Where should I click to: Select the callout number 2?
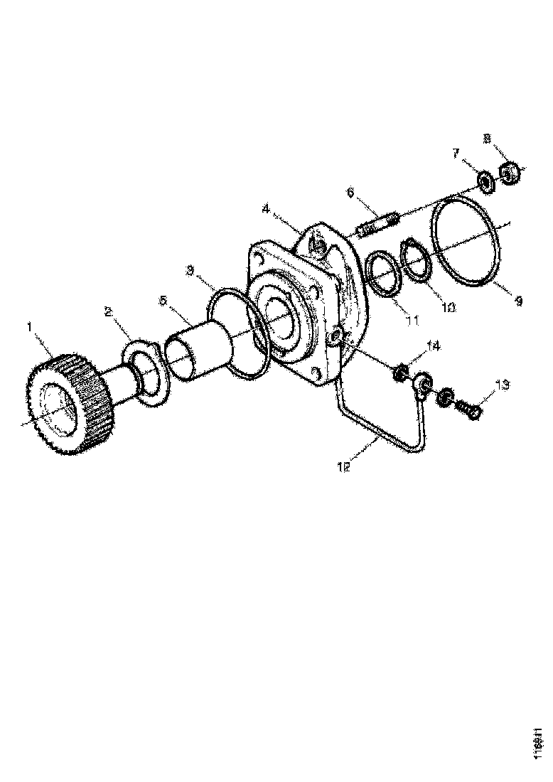pyautogui.click(x=108, y=311)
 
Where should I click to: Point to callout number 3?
pyautogui.click(x=190, y=270)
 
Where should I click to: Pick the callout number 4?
pyautogui.click(x=265, y=209)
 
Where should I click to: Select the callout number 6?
pyautogui.click(x=350, y=192)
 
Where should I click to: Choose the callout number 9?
pyautogui.click(x=518, y=301)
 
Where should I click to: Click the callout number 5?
pyautogui.click(x=163, y=301)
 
